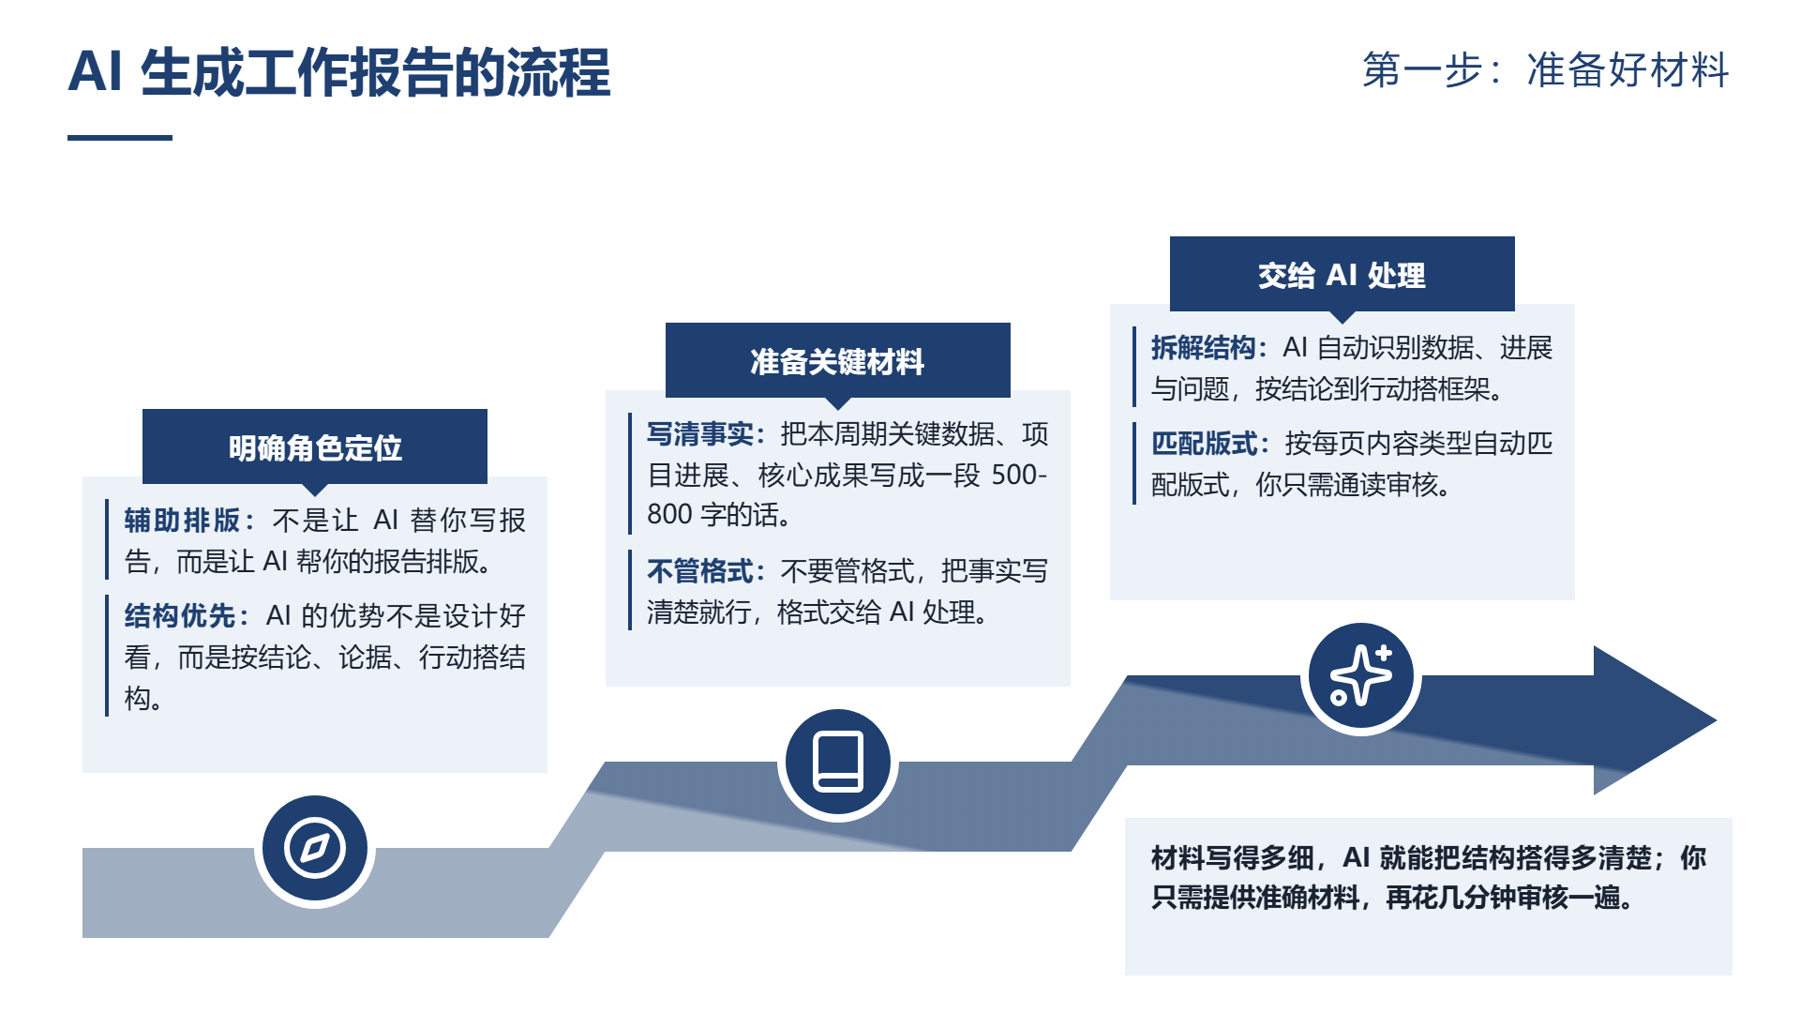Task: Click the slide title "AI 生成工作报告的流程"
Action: click(x=339, y=72)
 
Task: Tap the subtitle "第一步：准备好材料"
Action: click(x=1546, y=70)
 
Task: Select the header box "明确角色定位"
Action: click(x=315, y=446)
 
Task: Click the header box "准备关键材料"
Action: click(x=838, y=360)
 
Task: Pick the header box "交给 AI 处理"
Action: click(x=1342, y=274)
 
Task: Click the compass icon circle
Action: click(x=315, y=848)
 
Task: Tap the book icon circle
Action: click(x=838, y=762)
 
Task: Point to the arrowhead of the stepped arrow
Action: click(x=1716, y=720)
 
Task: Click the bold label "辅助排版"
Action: click(x=183, y=520)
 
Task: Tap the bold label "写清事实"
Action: click(x=700, y=433)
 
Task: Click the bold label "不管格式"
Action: click(x=700, y=570)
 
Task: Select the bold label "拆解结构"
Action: click(x=1204, y=347)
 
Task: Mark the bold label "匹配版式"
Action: click(x=1205, y=443)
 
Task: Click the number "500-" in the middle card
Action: click(x=1019, y=475)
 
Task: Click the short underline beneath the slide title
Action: click(x=120, y=138)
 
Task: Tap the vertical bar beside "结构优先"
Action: click(x=107, y=656)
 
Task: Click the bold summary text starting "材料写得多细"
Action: click(x=1428, y=877)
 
